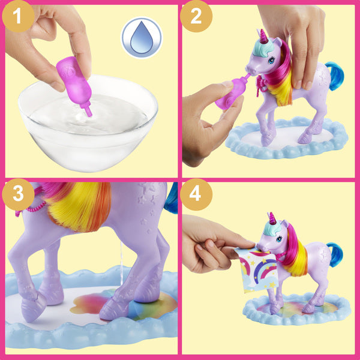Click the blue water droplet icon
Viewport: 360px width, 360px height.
click(142, 38)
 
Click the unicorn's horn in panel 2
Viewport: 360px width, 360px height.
click(262, 35)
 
